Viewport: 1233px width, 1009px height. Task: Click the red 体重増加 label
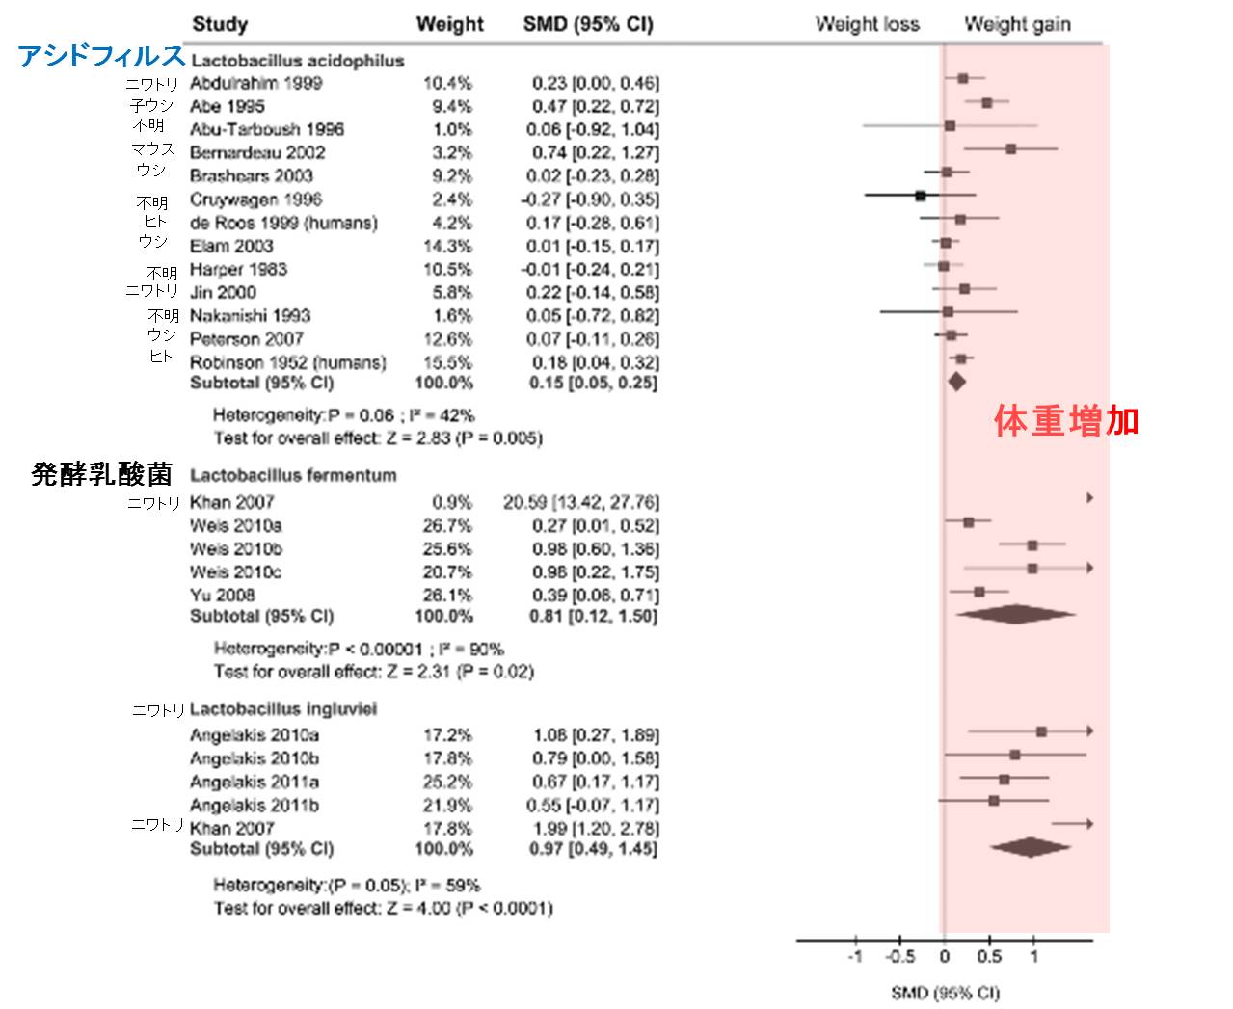pos(1066,421)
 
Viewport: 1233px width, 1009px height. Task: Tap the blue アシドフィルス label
pos(101,57)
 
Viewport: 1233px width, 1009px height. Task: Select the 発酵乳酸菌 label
pos(102,474)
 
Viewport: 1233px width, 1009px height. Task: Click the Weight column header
pos(449,24)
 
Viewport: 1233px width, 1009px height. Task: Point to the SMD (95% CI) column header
pos(587,24)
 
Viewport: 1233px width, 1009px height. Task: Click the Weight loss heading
pos(867,24)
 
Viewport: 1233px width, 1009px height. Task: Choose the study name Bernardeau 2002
pos(257,152)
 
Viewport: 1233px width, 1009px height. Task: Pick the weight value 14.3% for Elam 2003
pos(448,246)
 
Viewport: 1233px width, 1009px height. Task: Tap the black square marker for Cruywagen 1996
pos(921,196)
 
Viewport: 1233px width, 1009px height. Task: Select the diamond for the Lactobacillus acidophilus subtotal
pos(956,382)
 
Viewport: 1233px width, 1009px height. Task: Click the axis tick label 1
pos(1033,957)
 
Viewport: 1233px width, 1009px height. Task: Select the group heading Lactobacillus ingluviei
pos(283,709)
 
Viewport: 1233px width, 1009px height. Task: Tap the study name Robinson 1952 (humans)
pos(287,362)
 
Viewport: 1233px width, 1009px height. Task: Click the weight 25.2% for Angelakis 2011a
pos(448,782)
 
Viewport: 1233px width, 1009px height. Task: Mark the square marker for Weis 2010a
pos(969,522)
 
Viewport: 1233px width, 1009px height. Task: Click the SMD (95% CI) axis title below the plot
pos(945,993)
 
